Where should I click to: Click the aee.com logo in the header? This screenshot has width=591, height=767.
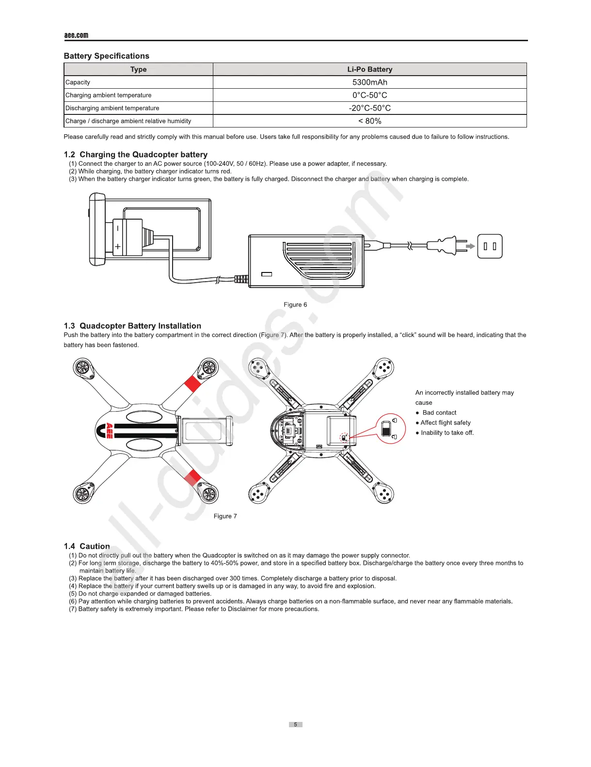coord(76,35)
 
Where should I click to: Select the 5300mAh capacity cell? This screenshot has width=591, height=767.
coord(369,82)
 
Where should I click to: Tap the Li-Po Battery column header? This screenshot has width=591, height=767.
coord(369,69)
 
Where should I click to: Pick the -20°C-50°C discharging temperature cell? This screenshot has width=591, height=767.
coord(369,108)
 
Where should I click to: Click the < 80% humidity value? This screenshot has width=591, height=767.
coord(369,121)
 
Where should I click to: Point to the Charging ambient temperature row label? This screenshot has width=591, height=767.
coord(108,96)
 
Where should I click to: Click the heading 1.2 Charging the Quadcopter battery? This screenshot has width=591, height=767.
coord(136,155)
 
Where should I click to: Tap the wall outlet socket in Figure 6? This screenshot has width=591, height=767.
coord(490,246)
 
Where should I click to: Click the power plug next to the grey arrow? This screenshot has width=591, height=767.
coord(447,246)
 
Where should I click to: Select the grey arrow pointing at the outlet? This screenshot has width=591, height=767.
coord(470,246)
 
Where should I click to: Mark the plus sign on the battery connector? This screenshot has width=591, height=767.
coord(118,247)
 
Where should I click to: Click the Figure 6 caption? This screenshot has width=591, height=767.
coord(295,305)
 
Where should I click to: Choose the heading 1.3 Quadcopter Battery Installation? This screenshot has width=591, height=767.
coord(132,326)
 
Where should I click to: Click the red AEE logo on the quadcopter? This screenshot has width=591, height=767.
coord(109,431)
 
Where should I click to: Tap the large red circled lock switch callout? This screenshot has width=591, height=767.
coord(390,429)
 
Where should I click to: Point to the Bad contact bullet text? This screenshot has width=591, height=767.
coord(439,413)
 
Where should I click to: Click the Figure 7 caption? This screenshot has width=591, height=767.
coord(225,516)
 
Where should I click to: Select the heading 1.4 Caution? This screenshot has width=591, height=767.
coord(87,546)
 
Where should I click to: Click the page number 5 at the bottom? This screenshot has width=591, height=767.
coord(295,724)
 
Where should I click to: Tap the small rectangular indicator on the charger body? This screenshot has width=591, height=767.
coord(267,274)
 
